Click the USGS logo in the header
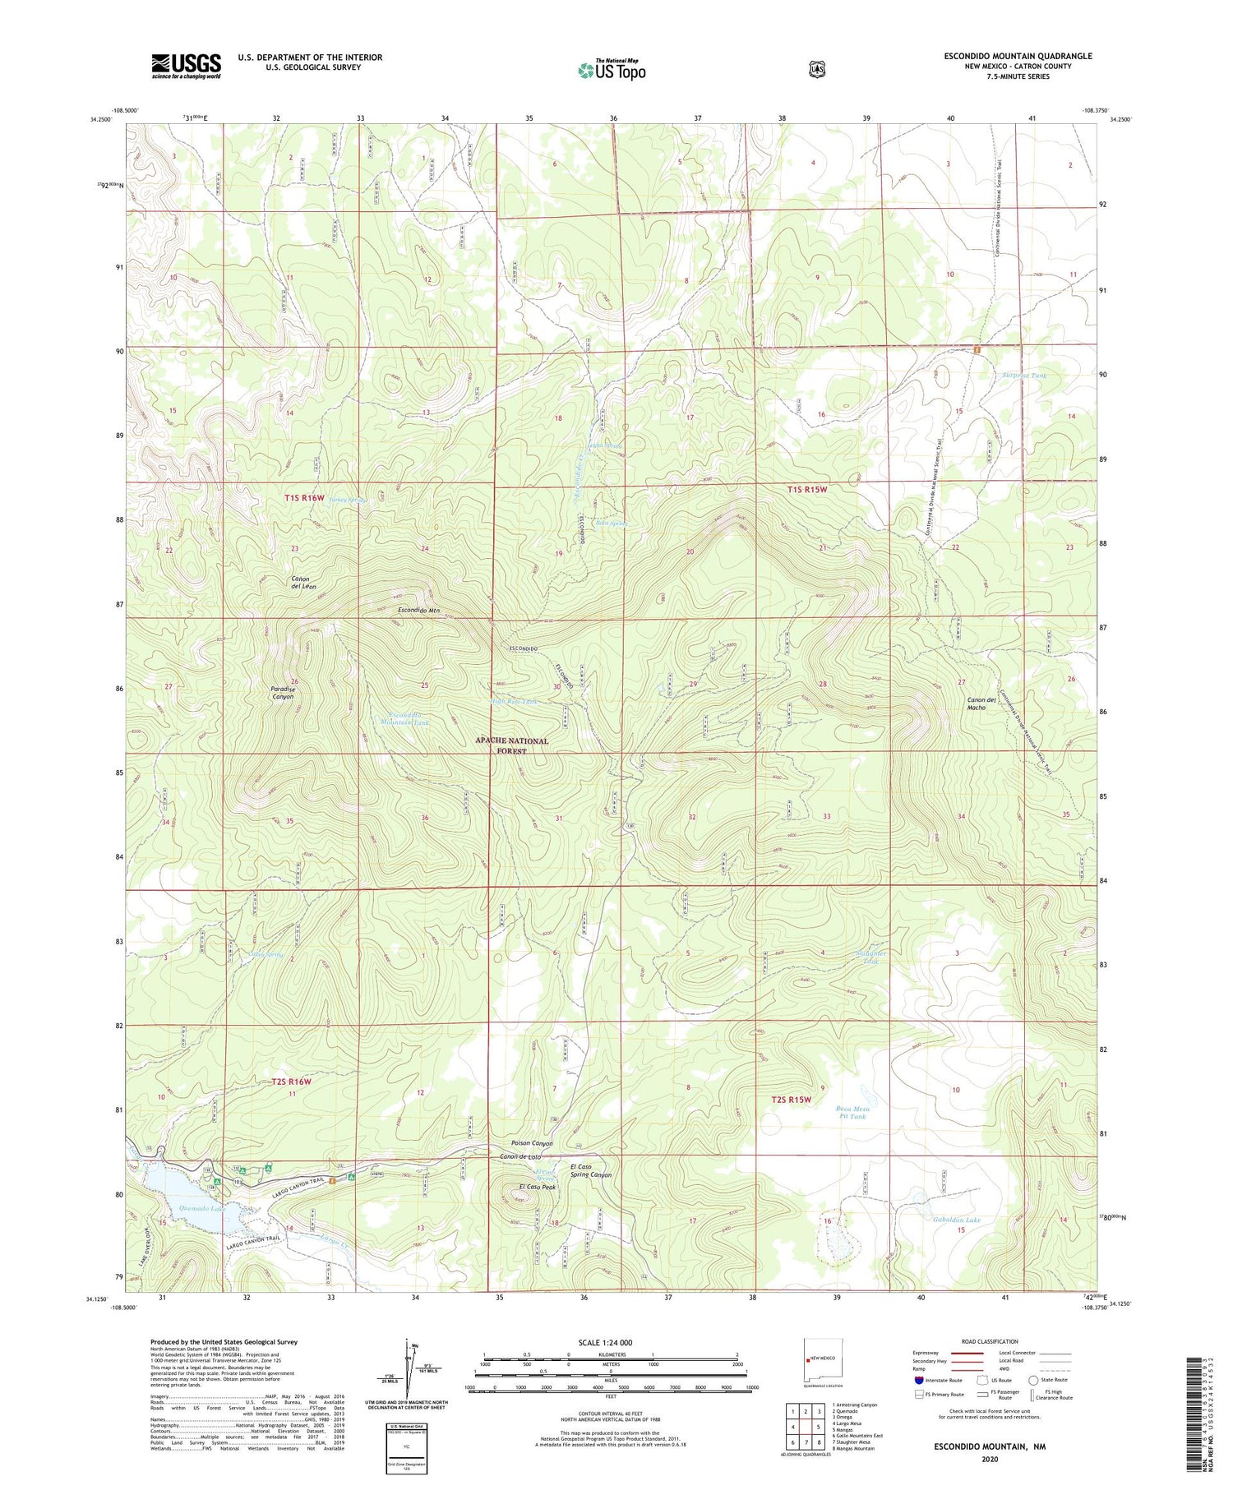[186, 66]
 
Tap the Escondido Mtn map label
[419, 611]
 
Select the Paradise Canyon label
[282, 691]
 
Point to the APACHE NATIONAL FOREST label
[511, 745]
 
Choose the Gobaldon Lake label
[957, 1220]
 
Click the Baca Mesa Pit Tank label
[853, 1112]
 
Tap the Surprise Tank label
[1024, 375]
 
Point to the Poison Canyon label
[531, 1143]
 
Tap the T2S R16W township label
[287, 1082]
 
